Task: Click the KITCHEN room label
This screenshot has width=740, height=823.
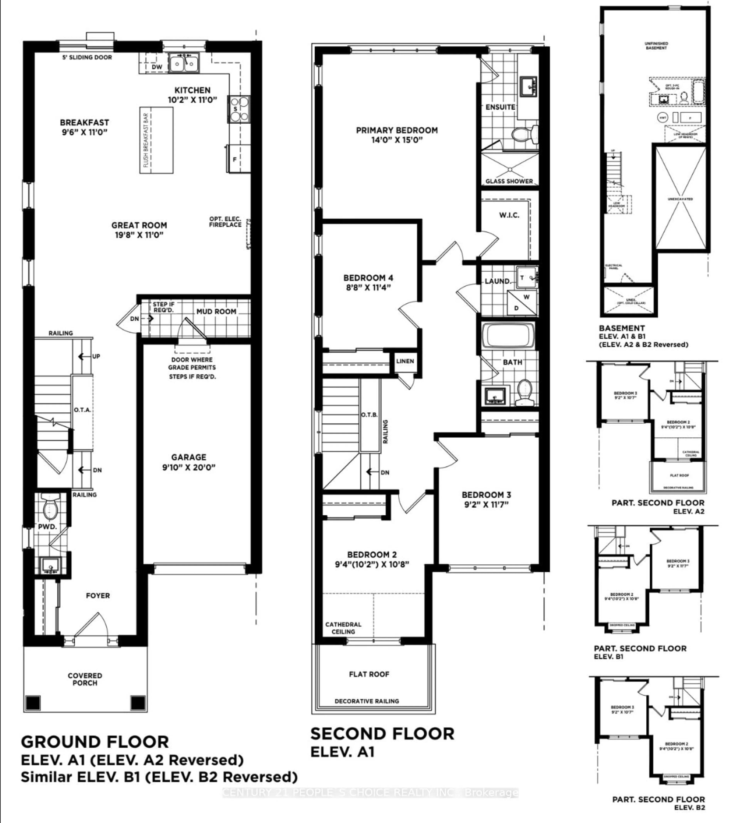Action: point(192,90)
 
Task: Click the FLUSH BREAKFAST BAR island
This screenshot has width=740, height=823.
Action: point(156,140)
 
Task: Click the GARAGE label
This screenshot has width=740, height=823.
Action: point(189,457)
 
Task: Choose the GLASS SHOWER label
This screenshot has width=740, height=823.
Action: point(509,181)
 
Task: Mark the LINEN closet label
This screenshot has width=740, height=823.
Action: point(405,361)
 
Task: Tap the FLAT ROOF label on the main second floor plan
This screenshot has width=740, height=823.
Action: point(369,674)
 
